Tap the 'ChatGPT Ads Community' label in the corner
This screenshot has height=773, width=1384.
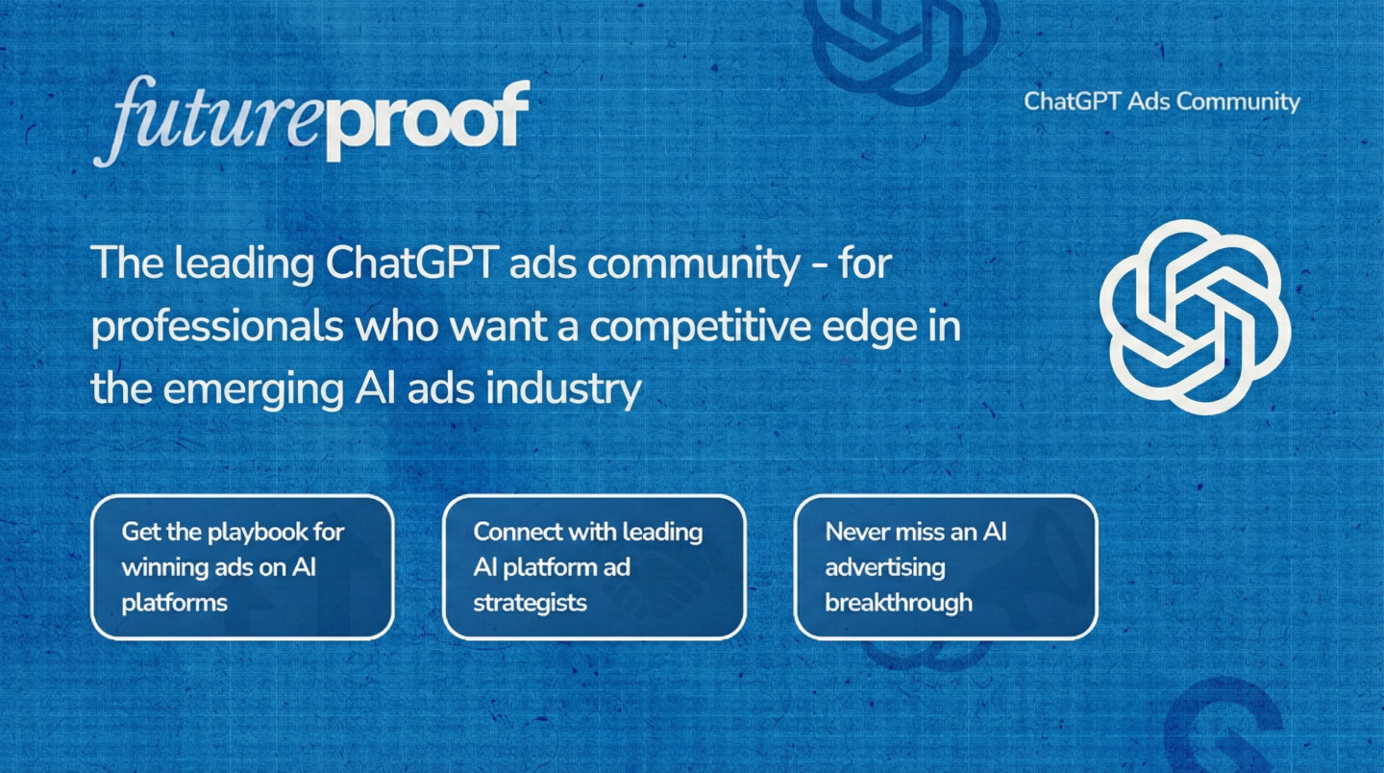(1162, 102)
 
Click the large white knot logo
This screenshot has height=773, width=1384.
(1195, 317)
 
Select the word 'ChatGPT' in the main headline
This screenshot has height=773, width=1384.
(411, 262)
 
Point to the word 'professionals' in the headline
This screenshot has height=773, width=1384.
(217, 328)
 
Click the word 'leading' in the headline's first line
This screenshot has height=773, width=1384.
(244, 263)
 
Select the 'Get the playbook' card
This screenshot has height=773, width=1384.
(242, 566)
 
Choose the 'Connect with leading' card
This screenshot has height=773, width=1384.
(594, 566)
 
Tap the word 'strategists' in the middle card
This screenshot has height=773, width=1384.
(530, 603)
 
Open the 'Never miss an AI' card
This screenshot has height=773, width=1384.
(946, 566)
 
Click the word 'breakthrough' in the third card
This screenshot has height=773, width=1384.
(899, 603)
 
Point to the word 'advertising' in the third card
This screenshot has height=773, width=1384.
(885, 568)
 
